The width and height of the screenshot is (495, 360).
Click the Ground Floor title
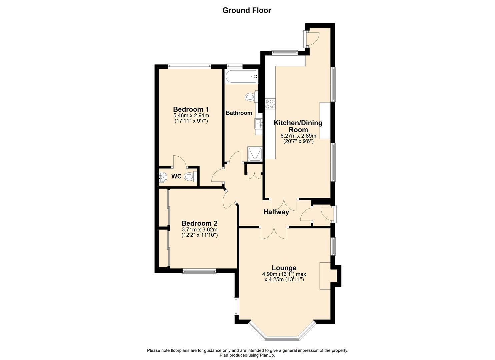point(247,10)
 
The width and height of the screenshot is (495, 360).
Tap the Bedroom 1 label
point(191,109)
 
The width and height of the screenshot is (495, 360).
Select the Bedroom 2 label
point(199,223)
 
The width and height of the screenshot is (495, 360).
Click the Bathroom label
point(239,113)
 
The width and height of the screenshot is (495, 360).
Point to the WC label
point(176,176)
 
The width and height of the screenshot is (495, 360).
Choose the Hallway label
point(276,212)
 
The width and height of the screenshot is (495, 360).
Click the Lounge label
point(284,268)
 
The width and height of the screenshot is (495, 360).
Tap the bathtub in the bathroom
point(241,76)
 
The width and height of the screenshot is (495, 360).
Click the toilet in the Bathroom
point(250,97)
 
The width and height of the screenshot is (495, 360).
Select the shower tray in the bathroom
point(255,154)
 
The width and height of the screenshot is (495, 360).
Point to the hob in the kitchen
point(270,104)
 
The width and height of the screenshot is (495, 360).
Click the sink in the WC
point(162,177)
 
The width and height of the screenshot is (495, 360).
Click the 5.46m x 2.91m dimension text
point(191,116)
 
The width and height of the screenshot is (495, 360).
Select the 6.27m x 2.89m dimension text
point(298,136)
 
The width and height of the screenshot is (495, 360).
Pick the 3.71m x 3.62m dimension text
point(199,230)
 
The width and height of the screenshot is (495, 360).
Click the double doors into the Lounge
point(274,232)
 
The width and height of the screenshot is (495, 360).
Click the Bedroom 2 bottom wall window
point(199,271)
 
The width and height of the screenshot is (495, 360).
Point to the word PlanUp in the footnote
point(267,355)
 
